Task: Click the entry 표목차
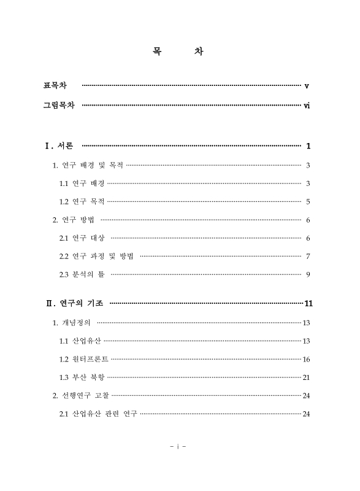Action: (55, 85)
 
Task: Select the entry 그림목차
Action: (59, 106)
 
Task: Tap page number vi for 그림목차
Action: (307, 106)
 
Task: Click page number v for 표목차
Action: (307, 85)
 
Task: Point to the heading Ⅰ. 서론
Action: (59, 146)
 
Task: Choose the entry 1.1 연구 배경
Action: (82, 183)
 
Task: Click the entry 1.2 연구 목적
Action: (82, 201)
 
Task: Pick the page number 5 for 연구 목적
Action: (308, 201)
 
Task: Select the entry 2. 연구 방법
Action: (75, 220)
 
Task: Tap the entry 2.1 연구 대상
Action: (82, 238)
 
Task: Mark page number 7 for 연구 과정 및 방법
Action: (308, 256)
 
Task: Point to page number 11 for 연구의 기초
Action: (308, 303)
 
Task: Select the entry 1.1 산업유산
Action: (80, 341)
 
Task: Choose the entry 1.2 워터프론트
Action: (84, 359)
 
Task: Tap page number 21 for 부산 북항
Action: (306, 377)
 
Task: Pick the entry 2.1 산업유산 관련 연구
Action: (98, 413)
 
